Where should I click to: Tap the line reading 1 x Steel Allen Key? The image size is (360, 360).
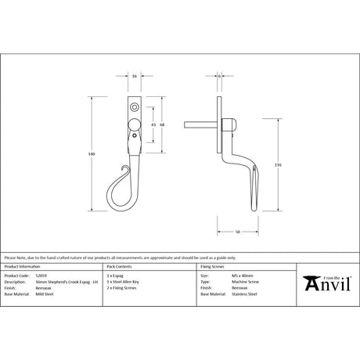pyautogui.click(x=124, y=281)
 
